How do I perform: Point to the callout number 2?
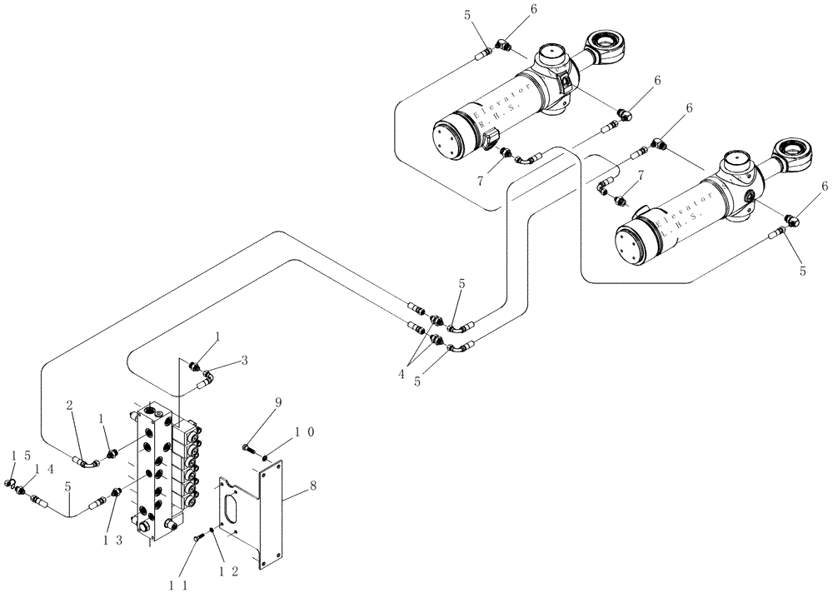(71, 406)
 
